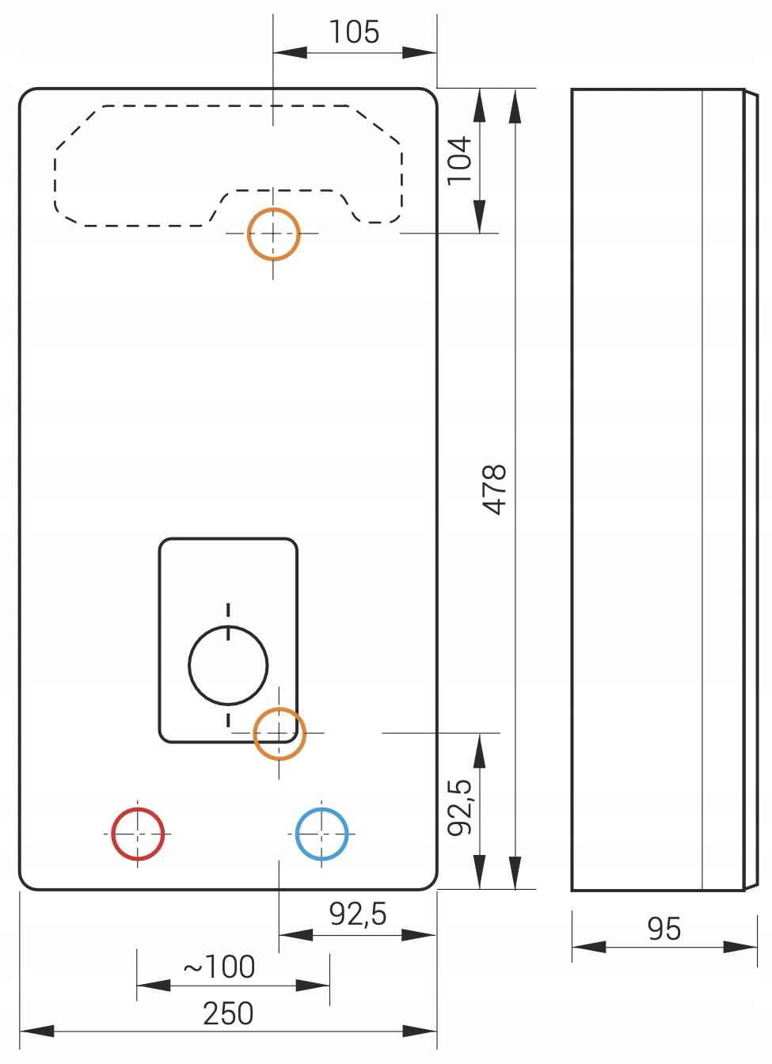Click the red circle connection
138,834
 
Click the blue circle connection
321,834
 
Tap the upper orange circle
273,234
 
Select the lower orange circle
279,733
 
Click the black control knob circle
228,665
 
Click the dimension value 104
459,160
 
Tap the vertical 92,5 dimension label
459,807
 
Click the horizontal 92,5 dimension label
358,914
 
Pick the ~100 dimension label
219,966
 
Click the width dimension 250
228,1013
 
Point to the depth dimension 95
664,929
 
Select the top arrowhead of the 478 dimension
515,106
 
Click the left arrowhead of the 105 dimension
290,53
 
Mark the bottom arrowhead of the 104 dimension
479,215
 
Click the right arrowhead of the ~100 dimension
313,986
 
